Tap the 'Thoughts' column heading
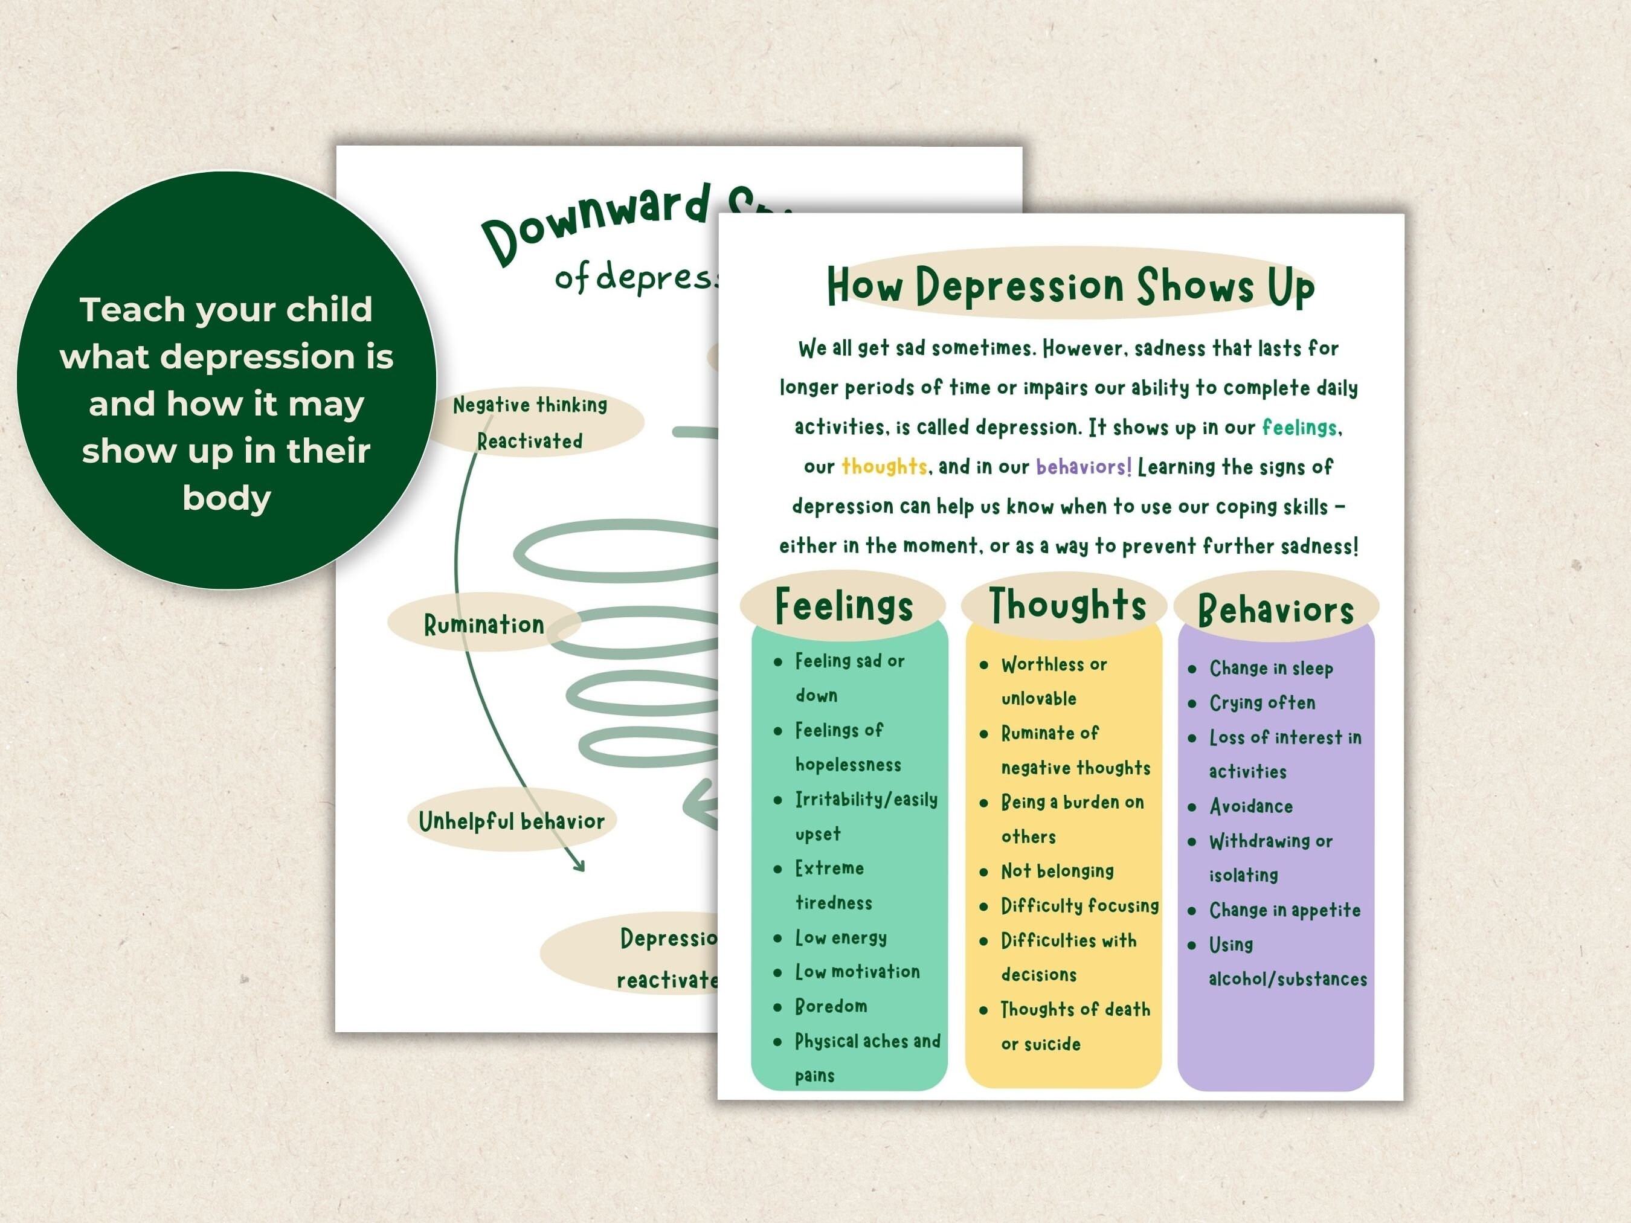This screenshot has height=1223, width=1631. [1067, 605]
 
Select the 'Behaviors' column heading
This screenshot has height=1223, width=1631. [1276, 609]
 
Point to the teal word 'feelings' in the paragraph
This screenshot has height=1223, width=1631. [1299, 427]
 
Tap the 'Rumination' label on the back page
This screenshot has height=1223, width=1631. [484, 624]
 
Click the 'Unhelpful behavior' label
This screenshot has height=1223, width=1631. [511, 821]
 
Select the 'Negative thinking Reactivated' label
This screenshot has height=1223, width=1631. [530, 422]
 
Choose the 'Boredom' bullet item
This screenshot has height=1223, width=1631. [831, 1006]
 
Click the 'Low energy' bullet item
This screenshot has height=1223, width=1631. [841, 938]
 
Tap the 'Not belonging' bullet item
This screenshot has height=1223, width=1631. [1057, 872]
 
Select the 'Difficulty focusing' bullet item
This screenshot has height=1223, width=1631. [1079, 905]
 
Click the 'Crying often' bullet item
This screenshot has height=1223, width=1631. [1261, 702]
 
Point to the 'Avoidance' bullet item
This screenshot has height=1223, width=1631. [1250, 806]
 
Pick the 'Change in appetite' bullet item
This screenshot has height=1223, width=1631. [1284, 910]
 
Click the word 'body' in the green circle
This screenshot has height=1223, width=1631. [227, 498]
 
